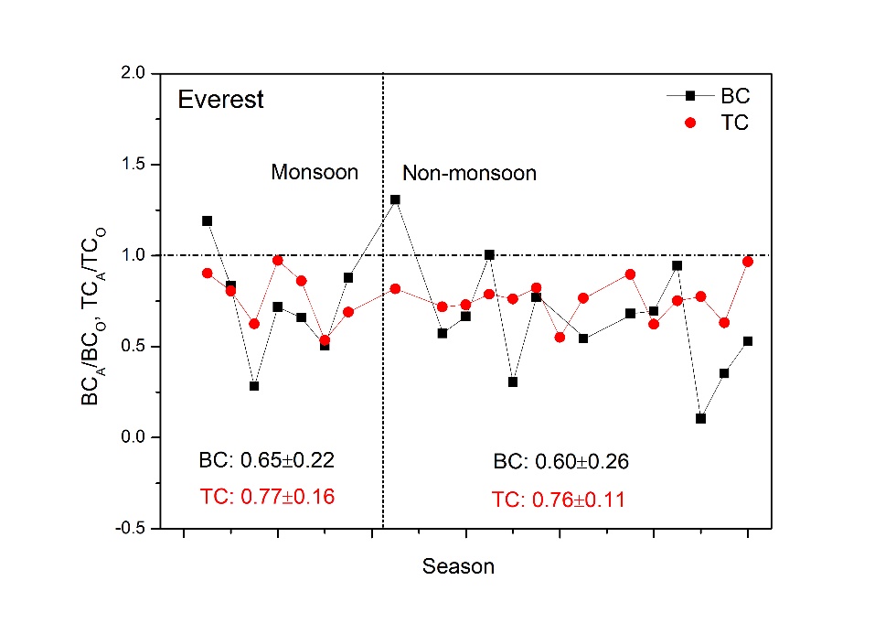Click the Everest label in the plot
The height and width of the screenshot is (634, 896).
pyautogui.click(x=220, y=100)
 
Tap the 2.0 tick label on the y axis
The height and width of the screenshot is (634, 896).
pyautogui.click(x=133, y=73)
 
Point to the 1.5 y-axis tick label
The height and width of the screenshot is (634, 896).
pyautogui.click(x=133, y=165)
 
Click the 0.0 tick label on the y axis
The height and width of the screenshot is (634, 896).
pyautogui.click(x=133, y=437)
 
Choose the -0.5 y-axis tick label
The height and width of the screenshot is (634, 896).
pyautogui.click(x=131, y=528)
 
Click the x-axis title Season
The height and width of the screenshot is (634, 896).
pyautogui.click(x=458, y=567)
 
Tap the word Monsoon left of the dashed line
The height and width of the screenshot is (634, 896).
pyautogui.click(x=315, y=172)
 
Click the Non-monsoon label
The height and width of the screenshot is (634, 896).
pyautogui.click(x=470, y=173)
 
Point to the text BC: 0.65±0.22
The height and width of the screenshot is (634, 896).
pyautogui.click(x=266, y=461)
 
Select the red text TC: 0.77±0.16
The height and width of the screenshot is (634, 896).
pyautogui.click(x=266, y=497)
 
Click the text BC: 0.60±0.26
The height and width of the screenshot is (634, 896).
pyautogui.click(x=560, y=462)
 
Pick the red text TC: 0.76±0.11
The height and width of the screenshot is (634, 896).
pyautogui.click(x=559, y=500)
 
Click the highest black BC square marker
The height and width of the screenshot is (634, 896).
pyautogui.click(x=395, y=199)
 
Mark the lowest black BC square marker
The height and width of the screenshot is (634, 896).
pyautogui.click(x=700, y=418)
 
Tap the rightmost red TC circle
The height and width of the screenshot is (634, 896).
pyautogui.click(x=747, y=262)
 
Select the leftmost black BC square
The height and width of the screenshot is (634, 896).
pyautogui.click(x=208, y=220)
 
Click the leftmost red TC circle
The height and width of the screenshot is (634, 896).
pyautogui.click(x=208, y=273)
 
